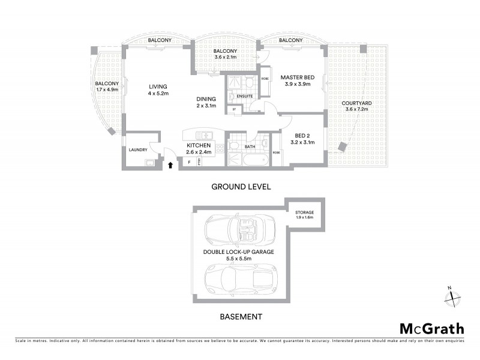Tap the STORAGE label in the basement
pos(304,212)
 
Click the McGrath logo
pos(431,328)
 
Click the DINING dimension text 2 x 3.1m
pos(209,106)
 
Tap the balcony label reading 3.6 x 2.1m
pos(226,58)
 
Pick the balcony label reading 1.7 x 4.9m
pos(107,90)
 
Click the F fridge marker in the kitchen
pos(190,162)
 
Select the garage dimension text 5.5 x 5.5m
pos(238,260)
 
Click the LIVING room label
pos(158,86)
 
